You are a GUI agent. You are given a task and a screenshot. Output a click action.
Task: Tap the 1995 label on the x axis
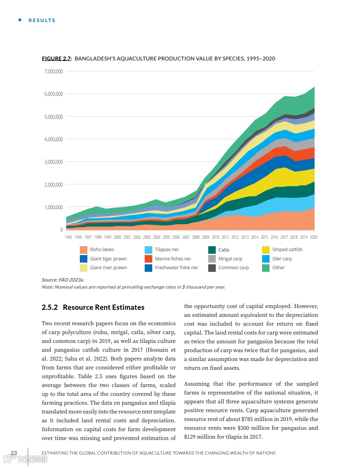pyautogui.click(x=68, y=237)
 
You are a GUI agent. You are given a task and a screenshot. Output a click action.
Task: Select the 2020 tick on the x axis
pyautogui.click(x=314, y=237)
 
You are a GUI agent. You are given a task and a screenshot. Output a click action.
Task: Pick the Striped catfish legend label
pyautogui.click(x=287, y=250)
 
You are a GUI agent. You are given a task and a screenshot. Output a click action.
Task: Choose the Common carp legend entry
pyautogui.click(x=233, y=267)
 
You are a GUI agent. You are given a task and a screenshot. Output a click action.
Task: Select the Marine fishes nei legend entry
pyautogui.click(x=172, y=259)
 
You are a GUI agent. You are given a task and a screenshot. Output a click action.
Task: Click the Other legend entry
pyautogui.click(x=278, y=267)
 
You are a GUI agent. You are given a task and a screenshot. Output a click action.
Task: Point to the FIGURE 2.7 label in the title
pyautogui.click(x=56, y=59)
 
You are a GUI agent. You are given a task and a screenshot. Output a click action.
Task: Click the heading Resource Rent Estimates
pyautogui.click(x=103, y=307)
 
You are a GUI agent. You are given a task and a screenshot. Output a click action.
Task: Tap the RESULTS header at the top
pyautogui.click(x=42, y=20)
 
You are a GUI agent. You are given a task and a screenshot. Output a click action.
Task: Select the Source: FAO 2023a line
pyautogui.click(x=63, y=280)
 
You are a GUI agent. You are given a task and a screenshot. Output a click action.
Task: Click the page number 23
pyautogui.click(x=14, y=453)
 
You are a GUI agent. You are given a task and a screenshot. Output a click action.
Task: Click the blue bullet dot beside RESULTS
pyautogui.click(x=19, y=20)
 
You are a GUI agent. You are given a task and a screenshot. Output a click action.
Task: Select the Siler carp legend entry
pyautogui.click(x=282, y=259)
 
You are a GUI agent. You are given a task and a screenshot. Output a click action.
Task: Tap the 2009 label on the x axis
pyautogui.click(x=206, y=237)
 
